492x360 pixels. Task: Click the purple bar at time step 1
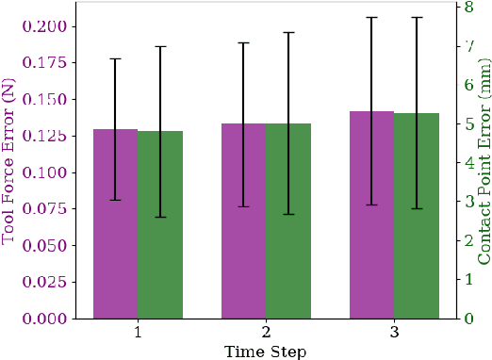115,236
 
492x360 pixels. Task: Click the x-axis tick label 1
138,333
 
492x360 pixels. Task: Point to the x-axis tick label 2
266,333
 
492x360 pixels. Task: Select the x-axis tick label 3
394,333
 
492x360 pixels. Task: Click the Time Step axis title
265,351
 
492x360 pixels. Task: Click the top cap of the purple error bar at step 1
115,58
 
